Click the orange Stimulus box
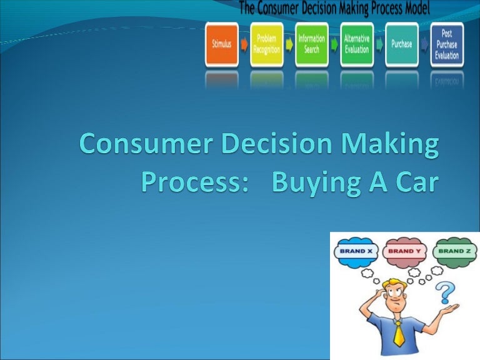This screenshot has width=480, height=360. tap(222, 45)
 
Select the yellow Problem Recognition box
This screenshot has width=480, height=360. tap(267, 45)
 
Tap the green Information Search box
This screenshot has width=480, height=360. tap(311, 45)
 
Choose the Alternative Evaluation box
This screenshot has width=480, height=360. tap(356, 45)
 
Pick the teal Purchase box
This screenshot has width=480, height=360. tap(401, 45)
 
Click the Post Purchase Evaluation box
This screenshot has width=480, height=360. tap(447, 45)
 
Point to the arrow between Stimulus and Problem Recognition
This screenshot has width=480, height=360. tap(244, 45)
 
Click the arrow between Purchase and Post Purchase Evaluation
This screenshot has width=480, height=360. tap(424, 45)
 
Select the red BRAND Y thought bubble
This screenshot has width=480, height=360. tap(404, 251)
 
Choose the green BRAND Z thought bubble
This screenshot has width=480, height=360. tap(454, 251)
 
